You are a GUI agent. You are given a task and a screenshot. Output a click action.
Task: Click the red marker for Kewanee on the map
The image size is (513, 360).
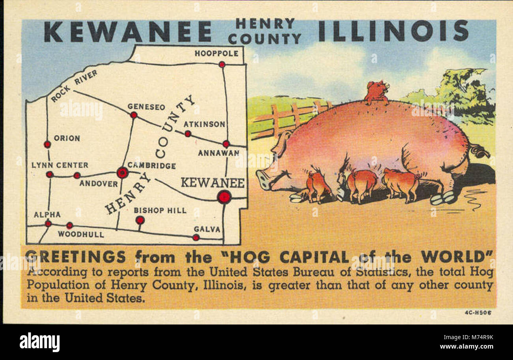(224, 197)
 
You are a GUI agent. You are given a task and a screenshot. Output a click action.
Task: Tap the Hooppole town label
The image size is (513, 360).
(216, 53)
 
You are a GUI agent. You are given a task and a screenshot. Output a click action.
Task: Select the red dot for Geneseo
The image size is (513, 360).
(134, 115)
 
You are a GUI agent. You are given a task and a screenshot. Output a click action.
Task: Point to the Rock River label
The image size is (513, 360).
(74, 86)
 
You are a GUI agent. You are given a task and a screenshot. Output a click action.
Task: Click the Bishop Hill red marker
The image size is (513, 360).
(140, 220)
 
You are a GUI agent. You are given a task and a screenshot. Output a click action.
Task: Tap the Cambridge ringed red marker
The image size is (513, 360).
(122, 173)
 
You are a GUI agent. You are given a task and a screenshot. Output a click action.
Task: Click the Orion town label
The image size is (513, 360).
(67, 138)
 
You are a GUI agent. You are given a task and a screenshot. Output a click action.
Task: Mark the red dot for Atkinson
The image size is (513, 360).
(188, 134)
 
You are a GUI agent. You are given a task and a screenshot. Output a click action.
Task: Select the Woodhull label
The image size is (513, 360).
(81, 234)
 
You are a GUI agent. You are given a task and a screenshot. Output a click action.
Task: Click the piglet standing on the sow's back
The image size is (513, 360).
(376, 92)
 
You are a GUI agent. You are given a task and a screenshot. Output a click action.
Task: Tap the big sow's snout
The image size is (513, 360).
(263, 179)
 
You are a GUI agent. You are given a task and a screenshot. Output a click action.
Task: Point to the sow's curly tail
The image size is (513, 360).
(479, 151)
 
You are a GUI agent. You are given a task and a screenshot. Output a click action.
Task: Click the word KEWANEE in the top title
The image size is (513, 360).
(127, 32)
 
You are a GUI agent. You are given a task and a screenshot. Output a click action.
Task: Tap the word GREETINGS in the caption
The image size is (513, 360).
(76, 257)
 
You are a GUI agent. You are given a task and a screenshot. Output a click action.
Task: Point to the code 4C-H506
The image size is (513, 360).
(478, 313)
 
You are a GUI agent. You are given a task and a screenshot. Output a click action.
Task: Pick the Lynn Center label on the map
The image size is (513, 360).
(60, 165)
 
